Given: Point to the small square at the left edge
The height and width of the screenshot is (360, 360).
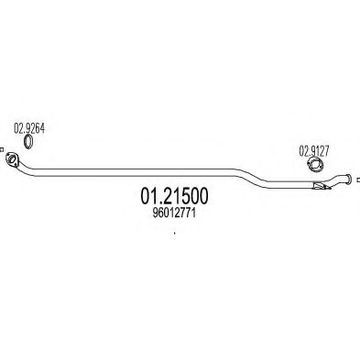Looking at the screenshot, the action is point(2,151).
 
